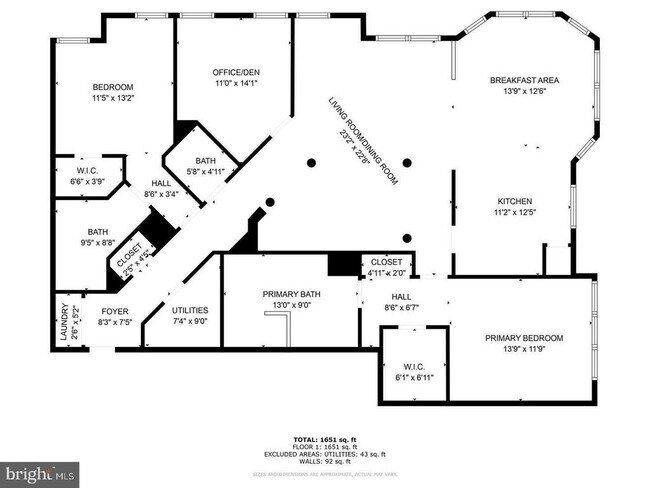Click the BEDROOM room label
(113, 87)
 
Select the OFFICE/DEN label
(236, 72)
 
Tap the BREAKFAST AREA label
(524, 80)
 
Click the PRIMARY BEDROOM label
(524, 338)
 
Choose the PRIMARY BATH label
(289, 294)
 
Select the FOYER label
(101, 311)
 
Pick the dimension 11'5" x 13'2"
(113, 98)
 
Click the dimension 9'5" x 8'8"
(98, 242)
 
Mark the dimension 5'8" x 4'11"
(206, 171)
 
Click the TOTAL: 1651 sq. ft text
(324, 441)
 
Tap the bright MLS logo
(40, 471)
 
